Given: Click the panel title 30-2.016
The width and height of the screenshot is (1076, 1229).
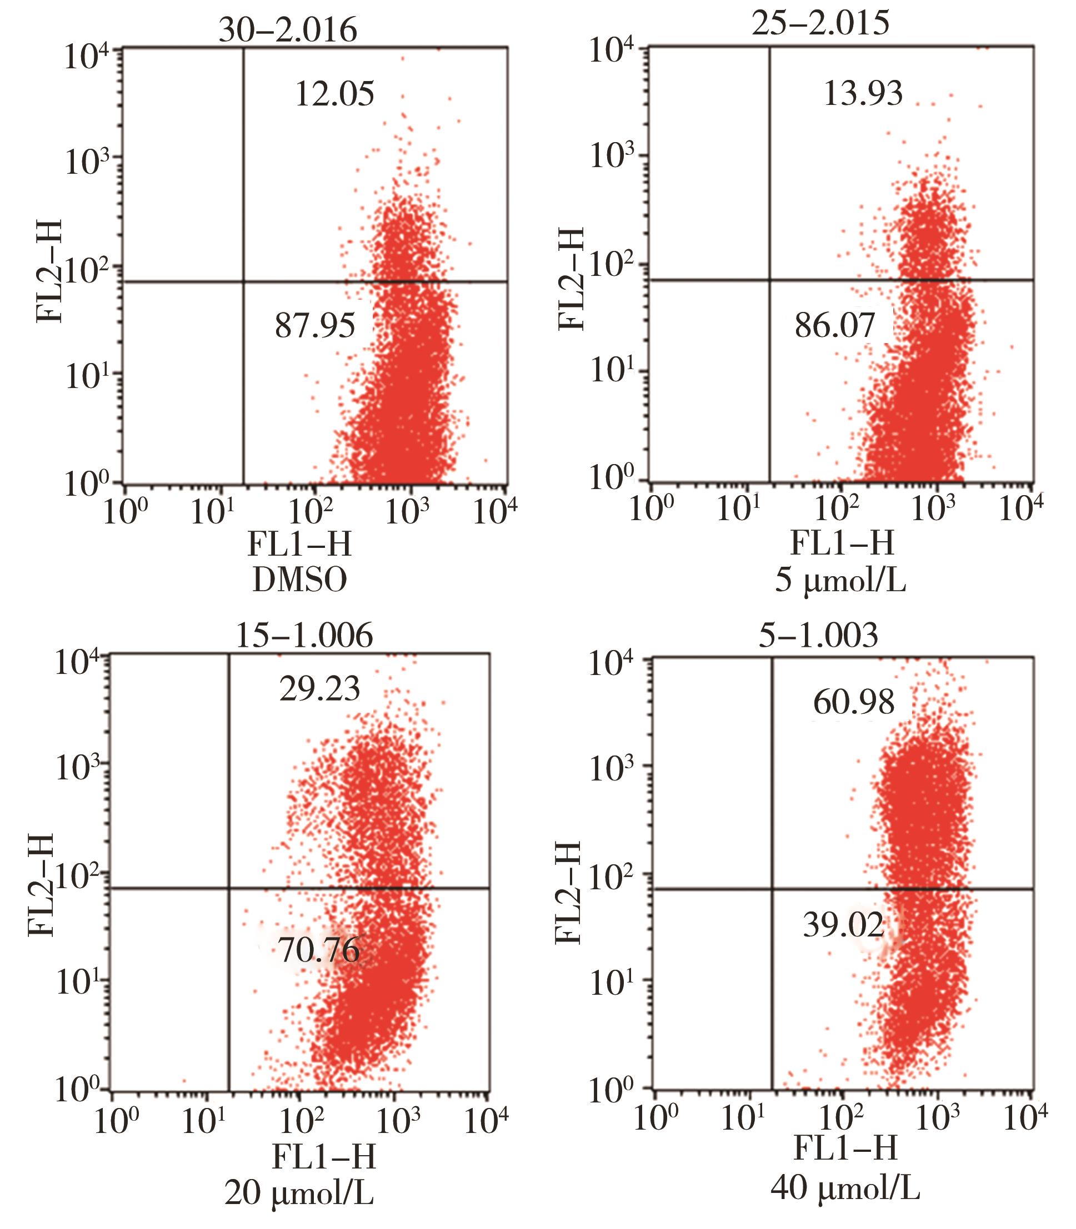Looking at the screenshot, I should pos(288,30).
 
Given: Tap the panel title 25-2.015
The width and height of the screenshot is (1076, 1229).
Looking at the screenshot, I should pos(821,24).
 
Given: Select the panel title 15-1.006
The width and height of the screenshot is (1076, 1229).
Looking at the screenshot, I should pos(304,635).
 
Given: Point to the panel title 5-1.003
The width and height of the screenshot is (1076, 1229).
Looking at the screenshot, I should pos(818,635).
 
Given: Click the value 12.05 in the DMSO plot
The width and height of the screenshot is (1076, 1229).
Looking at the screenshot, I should pos(334,94).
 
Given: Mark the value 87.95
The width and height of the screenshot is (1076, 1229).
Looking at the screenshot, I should pos(315,326).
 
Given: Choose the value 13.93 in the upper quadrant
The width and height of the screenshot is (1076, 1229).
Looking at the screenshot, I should pos(863,94).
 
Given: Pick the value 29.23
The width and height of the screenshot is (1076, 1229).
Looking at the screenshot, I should pos(319,689).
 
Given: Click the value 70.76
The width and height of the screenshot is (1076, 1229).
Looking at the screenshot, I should pos(319,950).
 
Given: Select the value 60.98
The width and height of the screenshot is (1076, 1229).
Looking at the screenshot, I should pos(854,702).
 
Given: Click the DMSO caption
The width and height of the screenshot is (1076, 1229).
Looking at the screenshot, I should pos(299,580).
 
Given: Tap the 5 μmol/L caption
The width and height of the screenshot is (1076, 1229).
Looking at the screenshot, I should pos(840,581).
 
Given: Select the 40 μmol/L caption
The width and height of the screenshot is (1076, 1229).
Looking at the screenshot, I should pos(845,1187).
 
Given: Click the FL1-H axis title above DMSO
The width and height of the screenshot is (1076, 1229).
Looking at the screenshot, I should pos(299,545).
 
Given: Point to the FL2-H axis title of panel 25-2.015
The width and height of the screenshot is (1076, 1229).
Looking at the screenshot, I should pos(571,279).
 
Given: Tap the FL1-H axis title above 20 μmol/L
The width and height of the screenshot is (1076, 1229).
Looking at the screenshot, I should pos(324,1156).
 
